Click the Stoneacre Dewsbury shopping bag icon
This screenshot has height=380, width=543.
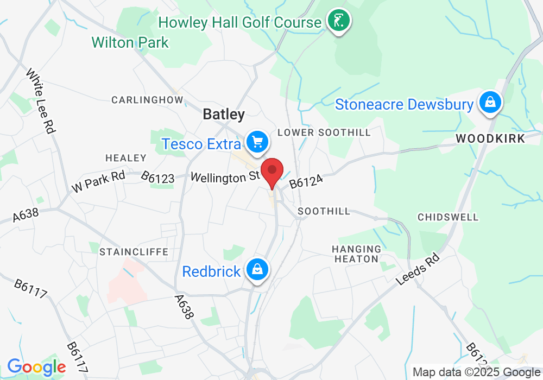tap(490, 103)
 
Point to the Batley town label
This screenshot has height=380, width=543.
tap(224, 114)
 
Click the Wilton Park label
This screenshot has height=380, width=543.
tap(130, 42)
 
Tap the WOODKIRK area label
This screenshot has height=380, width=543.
tap(490, 138)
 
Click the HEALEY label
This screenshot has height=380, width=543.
tap(126, 158)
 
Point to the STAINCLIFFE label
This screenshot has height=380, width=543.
tap(134, 252)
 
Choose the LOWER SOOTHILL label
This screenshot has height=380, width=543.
tap(324, 132)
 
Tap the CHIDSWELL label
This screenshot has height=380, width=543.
tap(448, 217)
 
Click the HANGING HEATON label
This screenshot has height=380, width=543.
tap(356, 254)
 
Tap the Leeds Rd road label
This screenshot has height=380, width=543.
tap(418, 269)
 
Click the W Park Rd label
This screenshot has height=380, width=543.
tap(98, 182)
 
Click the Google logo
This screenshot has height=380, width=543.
tap(36, 368)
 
